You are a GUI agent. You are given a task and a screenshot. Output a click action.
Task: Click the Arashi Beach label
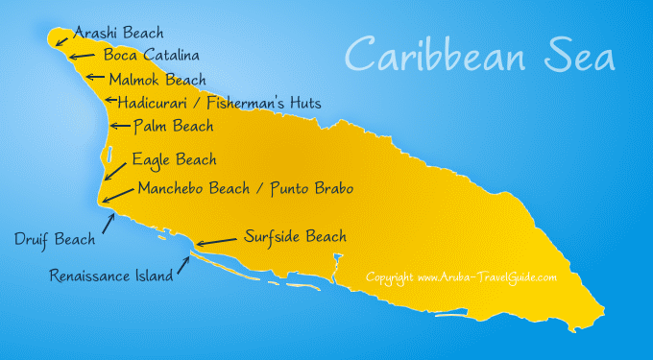tap(118, 33)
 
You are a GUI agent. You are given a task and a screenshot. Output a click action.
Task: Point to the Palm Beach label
tap(173, 126)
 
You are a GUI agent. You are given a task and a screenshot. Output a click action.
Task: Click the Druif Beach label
tap(55, 238)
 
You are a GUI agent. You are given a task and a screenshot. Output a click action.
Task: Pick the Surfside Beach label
tap(295, 236)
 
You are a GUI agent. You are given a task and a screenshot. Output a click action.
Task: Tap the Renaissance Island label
tap(111, 276)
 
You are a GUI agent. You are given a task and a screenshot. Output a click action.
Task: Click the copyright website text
tap(461, 277)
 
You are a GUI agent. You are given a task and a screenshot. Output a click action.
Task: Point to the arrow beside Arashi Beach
tap(61, 39)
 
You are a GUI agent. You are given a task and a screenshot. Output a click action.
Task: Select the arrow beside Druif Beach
tap(109, 224)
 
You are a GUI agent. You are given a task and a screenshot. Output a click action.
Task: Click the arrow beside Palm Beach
tap(120, 125)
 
